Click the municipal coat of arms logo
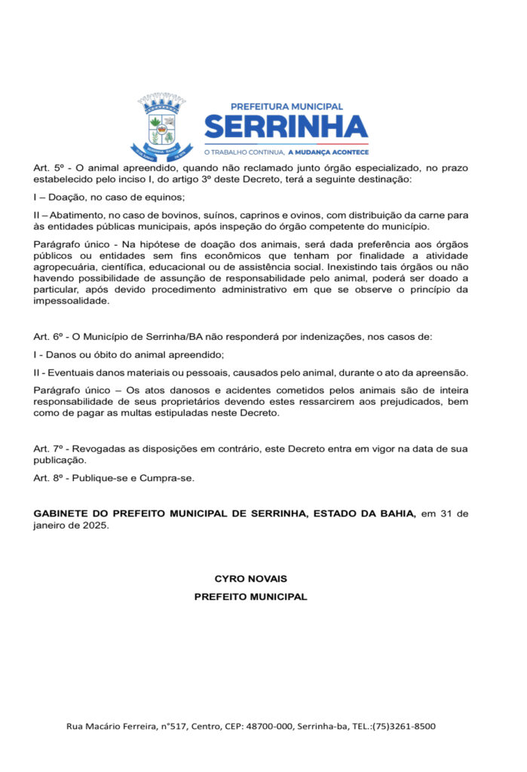click(x=161, y=127)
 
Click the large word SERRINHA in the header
click(x=286, y=126)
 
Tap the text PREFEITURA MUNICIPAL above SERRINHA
click(x=286, y=106)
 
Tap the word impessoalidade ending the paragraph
click(x=72, y=301)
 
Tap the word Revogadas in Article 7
click(x=97, y=449)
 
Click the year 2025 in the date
click(x=94, y=525)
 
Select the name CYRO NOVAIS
click(x=251, y=579)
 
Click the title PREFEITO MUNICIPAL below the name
click(x=251, y=596)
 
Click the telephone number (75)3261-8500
click(x=404, y=727)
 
